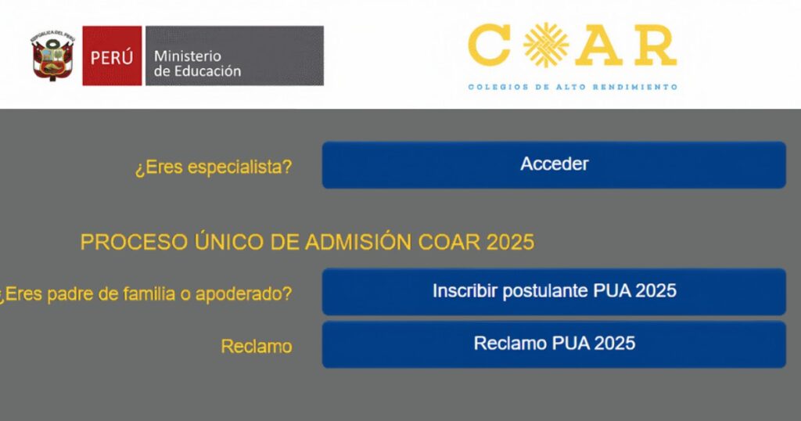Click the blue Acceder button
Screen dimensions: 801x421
[554, 165]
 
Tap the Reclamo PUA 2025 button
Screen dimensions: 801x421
[554, 344]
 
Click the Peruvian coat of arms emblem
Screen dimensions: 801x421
[52, 56]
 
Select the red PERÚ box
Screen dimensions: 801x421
[112, 56]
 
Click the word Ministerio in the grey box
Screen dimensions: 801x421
[188, 56]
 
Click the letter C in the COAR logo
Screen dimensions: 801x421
[489, 45]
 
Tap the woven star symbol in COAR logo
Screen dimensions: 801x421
[546, 45]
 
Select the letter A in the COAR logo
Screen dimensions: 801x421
[603, 45]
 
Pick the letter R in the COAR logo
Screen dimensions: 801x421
[656, 45]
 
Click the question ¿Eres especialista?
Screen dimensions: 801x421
[214, 167]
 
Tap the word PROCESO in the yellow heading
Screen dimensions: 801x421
[134, 242]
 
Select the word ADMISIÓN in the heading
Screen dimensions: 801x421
[359, 241]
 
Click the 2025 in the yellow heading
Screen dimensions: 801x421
[510, 242]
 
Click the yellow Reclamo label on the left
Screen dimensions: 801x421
[257, 347]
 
